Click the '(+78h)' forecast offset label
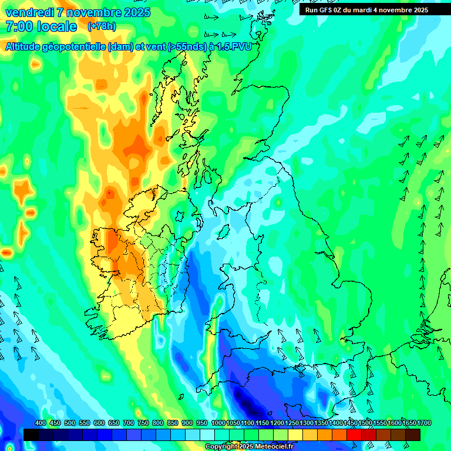[102, 26]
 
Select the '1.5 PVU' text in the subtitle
[234, 47]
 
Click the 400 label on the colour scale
[41, 423]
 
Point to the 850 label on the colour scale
[172, 423]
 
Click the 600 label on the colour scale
[99, 423]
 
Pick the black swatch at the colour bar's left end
[31, 435]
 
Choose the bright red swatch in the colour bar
[354, 435]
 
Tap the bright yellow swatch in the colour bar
[295, 435]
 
